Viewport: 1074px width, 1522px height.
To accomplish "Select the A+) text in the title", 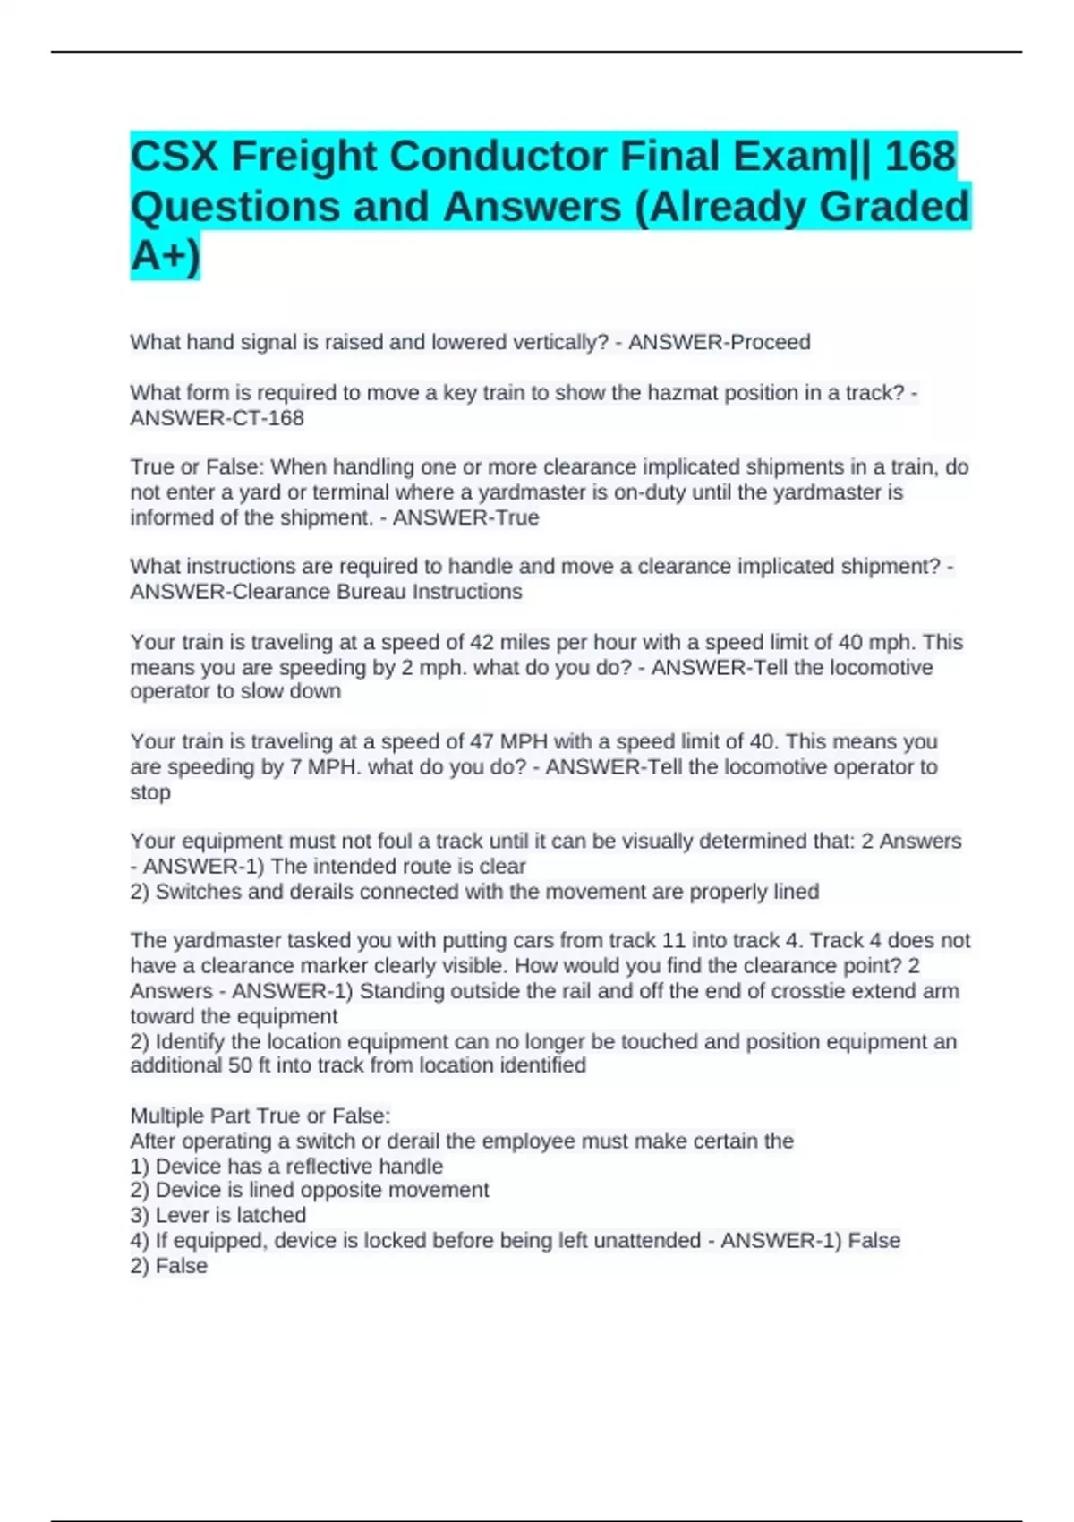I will tap(166, 256).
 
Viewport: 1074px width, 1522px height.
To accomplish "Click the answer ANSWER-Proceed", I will tap(719, 342).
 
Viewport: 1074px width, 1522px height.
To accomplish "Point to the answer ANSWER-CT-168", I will tap(217, 418).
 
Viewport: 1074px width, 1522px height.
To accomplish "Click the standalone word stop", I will tap(150, 792).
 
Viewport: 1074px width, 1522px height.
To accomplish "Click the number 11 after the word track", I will tap(672, 941).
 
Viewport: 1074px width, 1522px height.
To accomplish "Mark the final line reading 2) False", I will tap(168, 1266).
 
